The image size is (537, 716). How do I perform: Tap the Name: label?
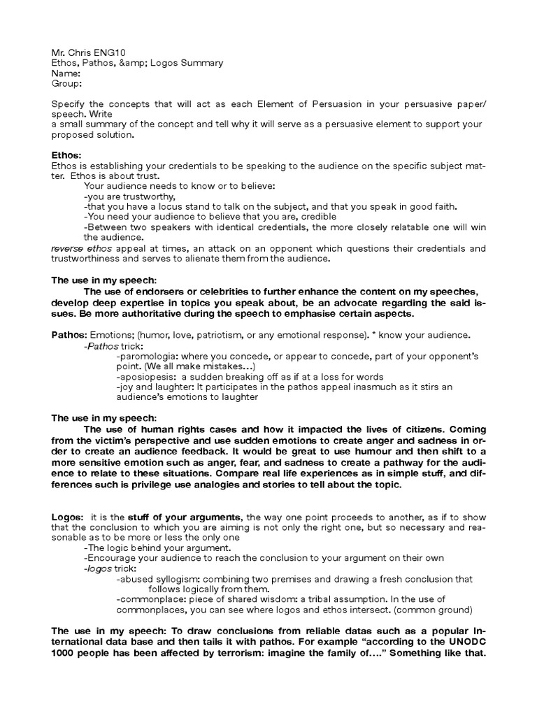click(x=66, y=73)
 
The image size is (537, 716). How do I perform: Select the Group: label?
click(x=67, y=84)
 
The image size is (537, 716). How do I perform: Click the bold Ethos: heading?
click(x=67, y=155)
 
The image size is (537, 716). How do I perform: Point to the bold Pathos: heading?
click(x=69, y=335)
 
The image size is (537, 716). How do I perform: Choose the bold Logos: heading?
click(x=67, y=516)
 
